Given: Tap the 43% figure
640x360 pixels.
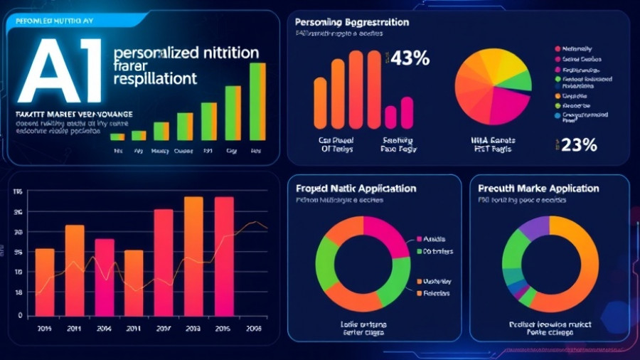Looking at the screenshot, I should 410,59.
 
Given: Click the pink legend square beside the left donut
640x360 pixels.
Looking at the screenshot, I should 419,239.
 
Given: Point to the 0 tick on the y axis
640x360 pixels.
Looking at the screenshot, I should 20,315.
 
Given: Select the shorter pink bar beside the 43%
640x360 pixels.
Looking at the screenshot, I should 390,117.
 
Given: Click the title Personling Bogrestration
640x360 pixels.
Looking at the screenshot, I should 351,23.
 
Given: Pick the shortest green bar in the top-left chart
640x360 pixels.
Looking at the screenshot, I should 117,137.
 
